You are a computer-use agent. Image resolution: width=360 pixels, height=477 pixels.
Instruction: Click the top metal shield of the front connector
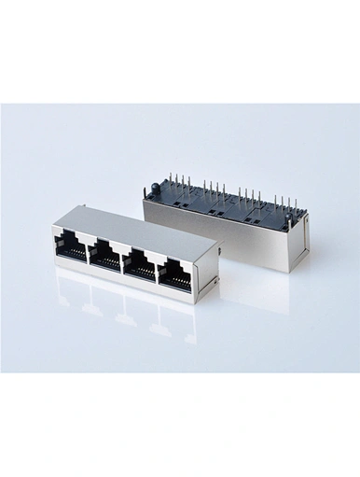[140, 217]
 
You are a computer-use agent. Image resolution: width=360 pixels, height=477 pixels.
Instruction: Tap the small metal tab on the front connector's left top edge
[56, 227]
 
